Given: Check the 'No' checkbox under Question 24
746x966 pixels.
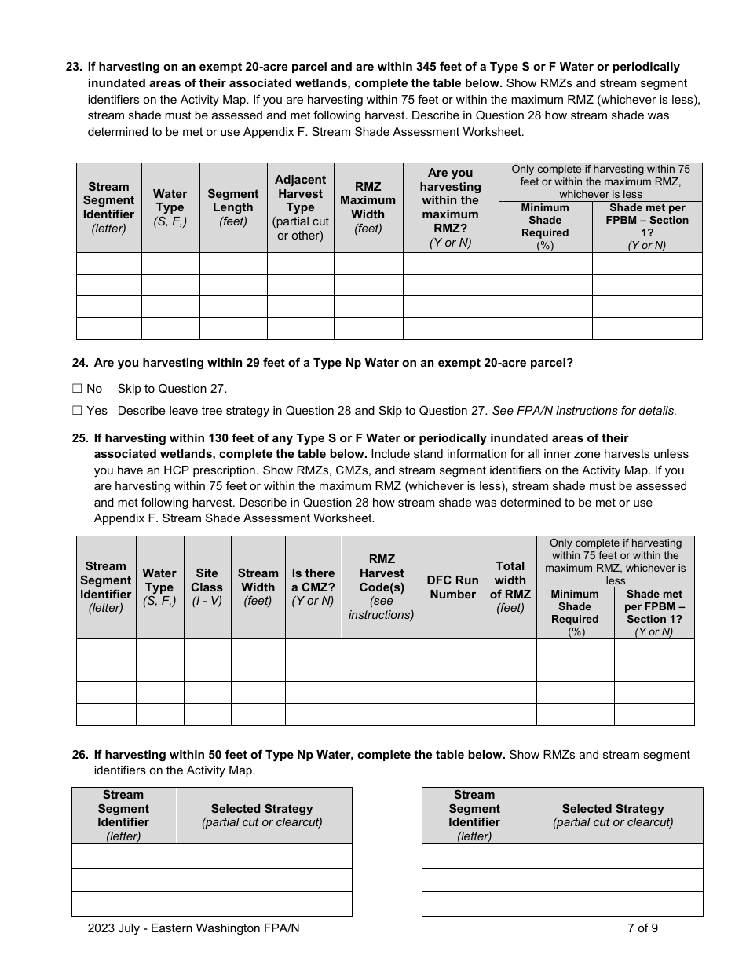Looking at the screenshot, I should tap(77, 388).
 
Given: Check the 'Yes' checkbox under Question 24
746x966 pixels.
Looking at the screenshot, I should tap(77, 410).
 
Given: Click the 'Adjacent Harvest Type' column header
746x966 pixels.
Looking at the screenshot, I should tap(300, 207).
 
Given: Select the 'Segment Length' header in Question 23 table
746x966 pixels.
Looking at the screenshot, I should tap(232, 207).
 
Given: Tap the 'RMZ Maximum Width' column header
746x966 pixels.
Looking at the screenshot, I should tap(368, 207).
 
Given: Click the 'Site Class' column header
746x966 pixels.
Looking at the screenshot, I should tap(207, 587).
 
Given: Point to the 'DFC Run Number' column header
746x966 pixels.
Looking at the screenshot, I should tap(452, 587).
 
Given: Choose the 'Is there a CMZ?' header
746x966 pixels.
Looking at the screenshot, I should tap(313, 587).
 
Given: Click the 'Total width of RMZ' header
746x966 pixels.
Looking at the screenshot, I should tap(510, 587).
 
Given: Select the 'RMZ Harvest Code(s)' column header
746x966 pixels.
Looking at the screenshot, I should tap(381, 587).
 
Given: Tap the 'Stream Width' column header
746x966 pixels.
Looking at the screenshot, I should tap(258, 587).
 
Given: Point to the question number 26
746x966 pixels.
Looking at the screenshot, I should tap(79, 755).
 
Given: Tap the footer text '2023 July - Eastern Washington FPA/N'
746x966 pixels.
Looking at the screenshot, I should tap(193, 928).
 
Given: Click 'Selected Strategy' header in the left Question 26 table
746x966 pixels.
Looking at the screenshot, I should tap(261, 815).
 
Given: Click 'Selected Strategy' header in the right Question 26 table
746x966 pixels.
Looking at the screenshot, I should tap(613, 815).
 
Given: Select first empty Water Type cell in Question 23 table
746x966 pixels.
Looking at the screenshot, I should tap(170, 263).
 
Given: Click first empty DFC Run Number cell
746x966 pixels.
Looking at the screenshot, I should tap(452, 649).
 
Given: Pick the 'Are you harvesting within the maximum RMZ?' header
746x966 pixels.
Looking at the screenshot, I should tap(450, 207).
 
